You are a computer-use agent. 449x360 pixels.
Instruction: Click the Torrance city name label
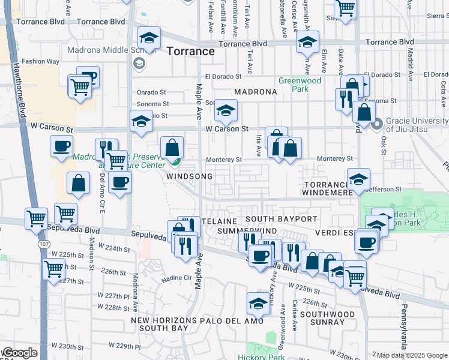[x=191, y=51]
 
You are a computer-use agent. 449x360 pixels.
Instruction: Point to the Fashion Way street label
[x=41, y=61]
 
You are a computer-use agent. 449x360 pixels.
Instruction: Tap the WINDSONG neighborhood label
[x=190, y=177]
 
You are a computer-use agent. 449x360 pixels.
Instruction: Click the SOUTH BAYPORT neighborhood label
[x=281, y=219]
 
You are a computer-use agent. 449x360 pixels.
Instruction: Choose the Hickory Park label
[x=268, y=357]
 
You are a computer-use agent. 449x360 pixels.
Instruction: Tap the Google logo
[x=19, y=353]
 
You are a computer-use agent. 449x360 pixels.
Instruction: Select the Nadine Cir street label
[x=175, y=278]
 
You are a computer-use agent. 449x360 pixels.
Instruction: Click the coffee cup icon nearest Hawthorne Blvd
[x=61, y=147]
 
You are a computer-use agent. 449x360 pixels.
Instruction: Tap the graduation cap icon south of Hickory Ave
[x=259, y=304]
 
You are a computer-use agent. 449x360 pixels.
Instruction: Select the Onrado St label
[x=151, y=92]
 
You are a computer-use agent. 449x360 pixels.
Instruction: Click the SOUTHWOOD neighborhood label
[x=328, y=314]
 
